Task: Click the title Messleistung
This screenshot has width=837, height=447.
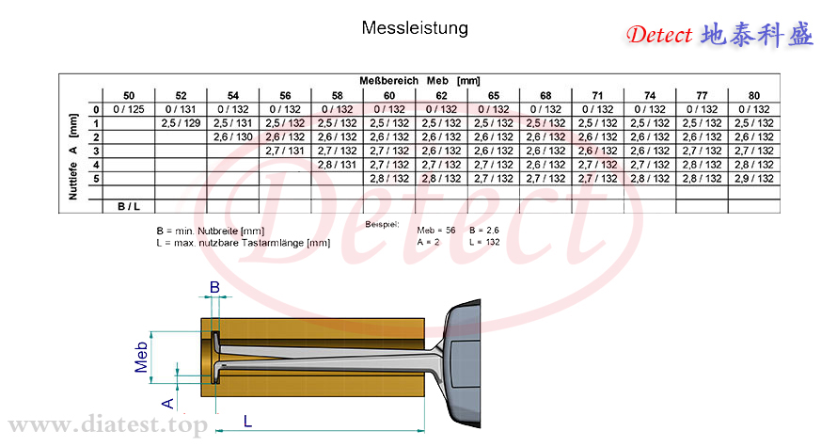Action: pyautogui.click(x=415, y=28)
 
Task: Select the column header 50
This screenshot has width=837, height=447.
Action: pyautogui.click(x=129, y=96)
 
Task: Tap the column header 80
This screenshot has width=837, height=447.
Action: pyautogui.click(x=753, y=96)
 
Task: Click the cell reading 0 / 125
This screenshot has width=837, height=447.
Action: pyautogui.click(x=129, y=109)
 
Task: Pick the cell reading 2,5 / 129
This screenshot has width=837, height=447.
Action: pyautogui.click(x=181, y=123)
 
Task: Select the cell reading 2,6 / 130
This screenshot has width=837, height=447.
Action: pyautogui.click(x=232, y=137)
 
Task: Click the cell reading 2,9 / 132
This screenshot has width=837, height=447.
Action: pyautogui.click(x=753, y=179)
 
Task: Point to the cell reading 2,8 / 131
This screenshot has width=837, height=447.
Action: pyautogui.click(x=337, y=165)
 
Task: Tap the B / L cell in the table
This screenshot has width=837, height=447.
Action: pyautogui.click(x=129, y=207)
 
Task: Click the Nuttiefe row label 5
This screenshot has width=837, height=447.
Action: pyautogui.click(x=96, y=179)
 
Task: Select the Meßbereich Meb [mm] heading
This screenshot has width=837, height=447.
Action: pyautogui.click(x=419, y=81)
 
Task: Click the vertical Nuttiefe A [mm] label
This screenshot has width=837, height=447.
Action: pyautogui.click(x=73, y=156)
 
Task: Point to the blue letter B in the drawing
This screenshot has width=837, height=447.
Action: pyautogui.click(x=214, y=287)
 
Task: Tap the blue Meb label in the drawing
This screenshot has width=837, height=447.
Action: pyautogui.click(x=141, y=357)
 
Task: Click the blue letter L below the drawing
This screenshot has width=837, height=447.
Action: pyautogui.click(x=247, y=422)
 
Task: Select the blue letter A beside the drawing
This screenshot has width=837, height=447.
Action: pyautogui.click(x=167, y=403)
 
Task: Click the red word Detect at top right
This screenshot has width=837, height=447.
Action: pyautogui.click(x=659, y=35)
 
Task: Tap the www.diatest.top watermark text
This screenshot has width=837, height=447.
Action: pyautogui.click(x=107, y=425)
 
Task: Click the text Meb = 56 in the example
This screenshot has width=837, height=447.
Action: pyautogui.click(x=436, y=231)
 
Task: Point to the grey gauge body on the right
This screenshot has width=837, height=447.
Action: pyautogui.click(x=463, y=363)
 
